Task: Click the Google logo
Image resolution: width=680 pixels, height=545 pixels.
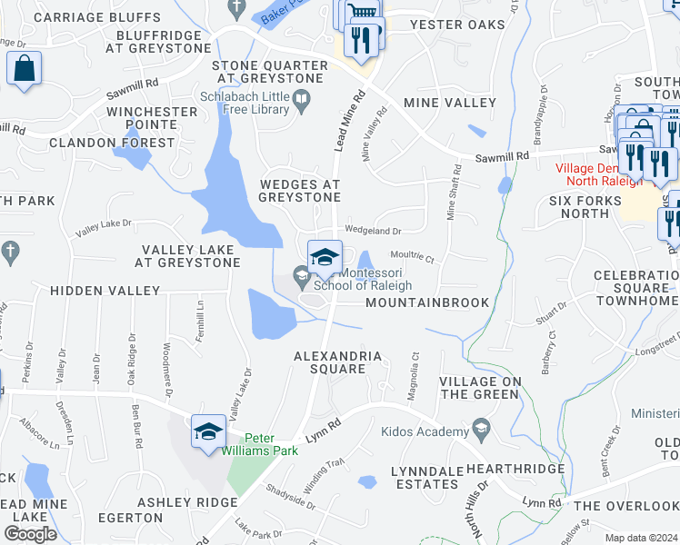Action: tap(30, 534)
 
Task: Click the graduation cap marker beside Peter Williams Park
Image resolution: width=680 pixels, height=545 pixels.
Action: tap(208, 431)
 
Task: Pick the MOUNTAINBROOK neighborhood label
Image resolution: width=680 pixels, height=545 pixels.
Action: tap(427, 302)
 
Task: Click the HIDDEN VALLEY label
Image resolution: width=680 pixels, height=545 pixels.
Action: tap(105, 292)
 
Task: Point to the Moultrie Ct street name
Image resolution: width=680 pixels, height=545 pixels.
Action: tap(414, 256)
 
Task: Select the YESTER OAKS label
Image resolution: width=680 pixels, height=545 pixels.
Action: tap(456, 25)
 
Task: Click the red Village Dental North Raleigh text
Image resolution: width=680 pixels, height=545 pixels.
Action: tap(599, 173)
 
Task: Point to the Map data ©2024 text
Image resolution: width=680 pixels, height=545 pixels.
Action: tap(642, 538)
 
